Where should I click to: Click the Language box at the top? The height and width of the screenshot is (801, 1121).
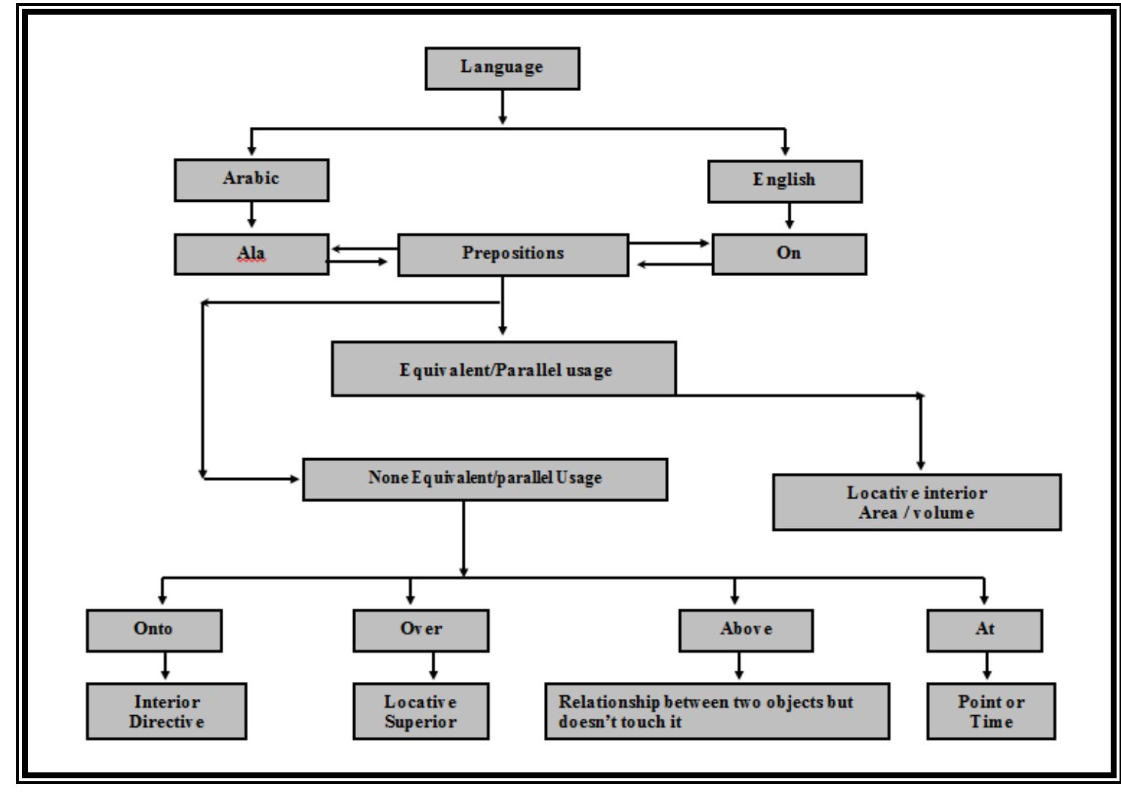pos(502,68)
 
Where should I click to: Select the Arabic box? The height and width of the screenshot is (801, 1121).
pos(251,180)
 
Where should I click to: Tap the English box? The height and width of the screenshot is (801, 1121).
pos(784,181)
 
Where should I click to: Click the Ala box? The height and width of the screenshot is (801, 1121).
pos(251,254)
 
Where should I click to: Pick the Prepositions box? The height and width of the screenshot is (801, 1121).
pos(512,254)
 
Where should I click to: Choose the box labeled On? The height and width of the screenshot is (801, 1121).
pos(789,254)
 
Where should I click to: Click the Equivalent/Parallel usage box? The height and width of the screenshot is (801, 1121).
pos(504,369)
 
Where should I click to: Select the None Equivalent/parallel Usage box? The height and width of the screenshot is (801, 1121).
pos(485,479)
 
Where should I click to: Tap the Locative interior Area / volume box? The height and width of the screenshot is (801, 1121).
pos(916,502)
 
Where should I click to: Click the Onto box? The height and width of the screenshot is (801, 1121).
pos(153,629)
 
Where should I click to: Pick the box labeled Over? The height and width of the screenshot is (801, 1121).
pos(421,629)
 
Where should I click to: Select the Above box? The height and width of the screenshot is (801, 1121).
pos(746,629)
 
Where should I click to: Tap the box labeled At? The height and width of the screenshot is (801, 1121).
pos(984,629)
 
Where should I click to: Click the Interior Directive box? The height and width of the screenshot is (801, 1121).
pos(166,711)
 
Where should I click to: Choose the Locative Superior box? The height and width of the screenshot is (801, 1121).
pos(421,711)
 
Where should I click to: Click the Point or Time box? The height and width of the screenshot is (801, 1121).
pos(990,711)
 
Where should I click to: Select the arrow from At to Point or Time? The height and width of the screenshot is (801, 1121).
pos(987,667)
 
